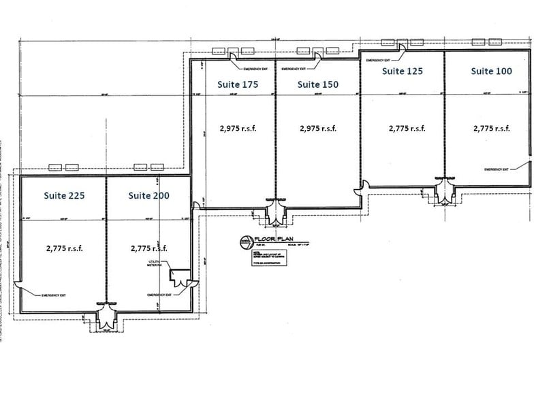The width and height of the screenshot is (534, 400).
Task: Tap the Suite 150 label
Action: pyautogui.click(x=318, y=84)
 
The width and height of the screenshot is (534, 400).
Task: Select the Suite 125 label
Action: pyautogui.click(x=403, y=71)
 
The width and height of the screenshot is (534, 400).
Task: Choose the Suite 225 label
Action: pyautogui.click(x=65, y=195)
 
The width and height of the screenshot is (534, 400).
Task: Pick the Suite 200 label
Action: pyautogui.click(x=149, y=195)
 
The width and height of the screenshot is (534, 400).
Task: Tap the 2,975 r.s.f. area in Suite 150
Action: pyautogui.click(x=318, y=128)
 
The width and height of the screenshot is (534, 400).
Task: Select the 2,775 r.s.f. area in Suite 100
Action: pyautogui.click(x=491, y=128)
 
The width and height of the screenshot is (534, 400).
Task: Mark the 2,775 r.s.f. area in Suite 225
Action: pyautogui.click(x=65, y=248)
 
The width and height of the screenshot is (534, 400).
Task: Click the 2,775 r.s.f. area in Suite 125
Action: pyautogui.click(x=407, y=128)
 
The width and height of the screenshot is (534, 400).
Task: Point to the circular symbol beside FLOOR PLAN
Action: pyautogui.click(x=246, y=241)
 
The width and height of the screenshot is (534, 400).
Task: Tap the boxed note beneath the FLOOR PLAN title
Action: pyautogui.click(x=266, y=261)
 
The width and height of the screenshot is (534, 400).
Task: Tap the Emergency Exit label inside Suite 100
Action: pyautogui.click(x=497, y=169)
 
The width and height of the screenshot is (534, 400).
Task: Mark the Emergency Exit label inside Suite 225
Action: pyautogui.click(x=52, y=295)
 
